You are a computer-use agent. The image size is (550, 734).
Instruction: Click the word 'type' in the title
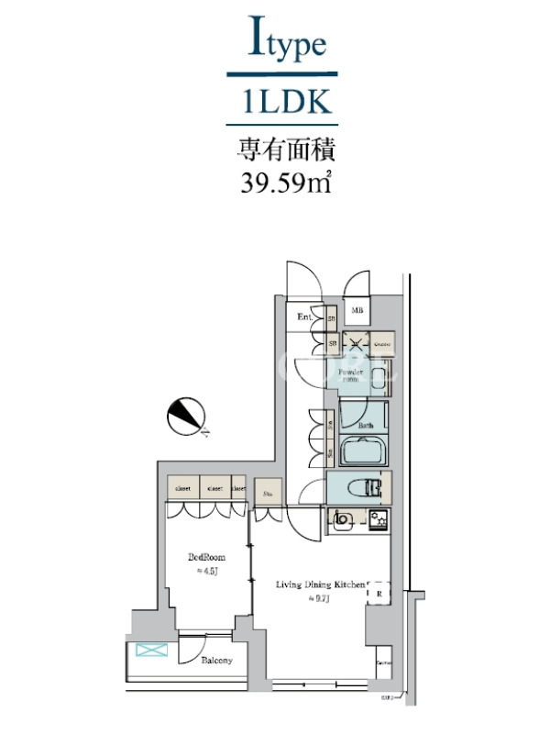pyautogui.click(x=296, y=45)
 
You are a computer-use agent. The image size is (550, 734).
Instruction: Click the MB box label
pyautogui.click(x=356, y=311)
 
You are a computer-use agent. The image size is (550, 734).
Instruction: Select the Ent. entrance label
pyautogui.click(x=304, y=317)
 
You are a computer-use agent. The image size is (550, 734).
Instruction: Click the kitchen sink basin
pyautogui.click(x=343, y=521)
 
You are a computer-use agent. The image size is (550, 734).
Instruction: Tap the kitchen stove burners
pyautogui.click(x=378, y=522)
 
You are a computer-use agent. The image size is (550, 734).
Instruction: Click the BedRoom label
pyautogui.click(x=206, y=557)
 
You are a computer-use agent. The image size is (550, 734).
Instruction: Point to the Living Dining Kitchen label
pyautogui.click(x=321, y=584)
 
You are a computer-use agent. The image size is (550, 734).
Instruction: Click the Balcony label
pyautogui.click(x=216, y=660)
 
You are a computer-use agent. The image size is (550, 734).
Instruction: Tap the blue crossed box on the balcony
pyautogui.click(x=147, y=651)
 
